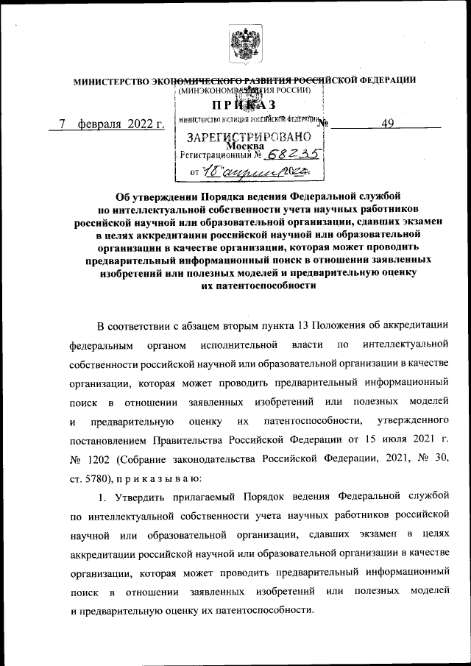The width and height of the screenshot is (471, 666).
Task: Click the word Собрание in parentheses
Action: tap(153, 460)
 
